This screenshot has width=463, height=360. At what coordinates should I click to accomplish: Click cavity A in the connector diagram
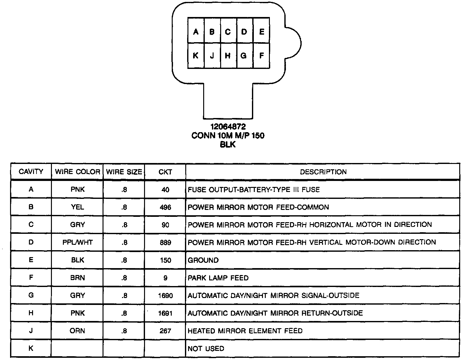[196, 31]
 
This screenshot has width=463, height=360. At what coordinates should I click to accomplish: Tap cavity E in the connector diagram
[261, 31]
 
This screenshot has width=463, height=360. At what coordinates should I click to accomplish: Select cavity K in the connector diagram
[196, 56]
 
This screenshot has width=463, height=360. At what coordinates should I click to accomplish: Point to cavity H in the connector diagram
[228, 56]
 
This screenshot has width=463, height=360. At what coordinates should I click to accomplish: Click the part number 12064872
[228, 127]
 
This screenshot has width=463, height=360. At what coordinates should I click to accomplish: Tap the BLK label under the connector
[228, 145]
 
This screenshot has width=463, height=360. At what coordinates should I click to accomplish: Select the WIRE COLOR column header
[77, 172]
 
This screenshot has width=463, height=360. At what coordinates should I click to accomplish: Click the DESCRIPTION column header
[323, 172]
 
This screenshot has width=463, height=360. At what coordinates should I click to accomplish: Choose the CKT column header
[165, 172]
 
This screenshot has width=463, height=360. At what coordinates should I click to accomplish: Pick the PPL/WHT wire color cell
[77, 242]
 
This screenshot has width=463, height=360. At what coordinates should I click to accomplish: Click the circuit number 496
[165, 207]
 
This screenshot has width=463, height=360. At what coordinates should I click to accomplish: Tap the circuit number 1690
[165, 295]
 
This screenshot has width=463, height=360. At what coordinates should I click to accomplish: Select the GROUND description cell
[203, 260]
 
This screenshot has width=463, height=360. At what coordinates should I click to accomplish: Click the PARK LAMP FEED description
[218, 278]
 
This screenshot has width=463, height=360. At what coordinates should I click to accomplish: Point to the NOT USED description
[206, 349]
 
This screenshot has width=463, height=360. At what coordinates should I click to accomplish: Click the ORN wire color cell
[77, 331]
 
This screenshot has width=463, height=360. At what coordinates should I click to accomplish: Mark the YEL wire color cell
[77, 207]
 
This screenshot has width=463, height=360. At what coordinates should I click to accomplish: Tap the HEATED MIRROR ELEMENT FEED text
[245, 331]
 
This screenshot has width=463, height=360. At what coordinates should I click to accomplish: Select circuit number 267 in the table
[165, 331]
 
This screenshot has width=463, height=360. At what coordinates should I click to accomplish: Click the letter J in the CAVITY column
[31, 331]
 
